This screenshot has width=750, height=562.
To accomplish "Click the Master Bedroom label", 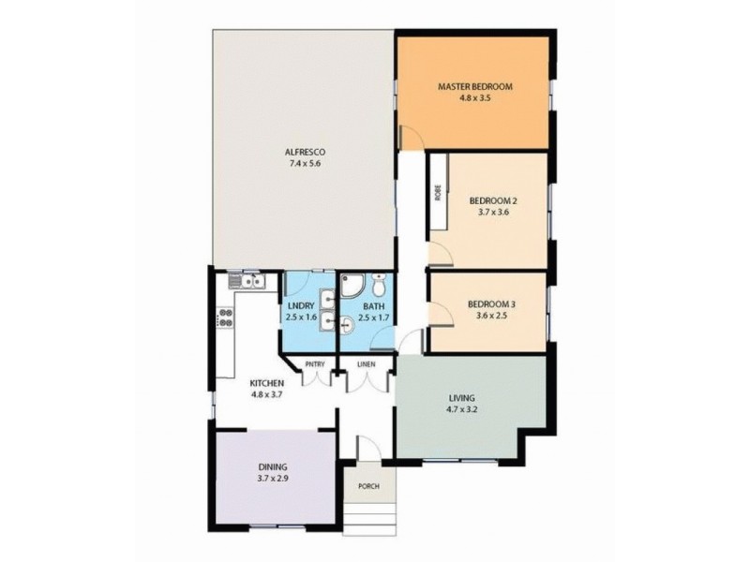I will (x=473, y=88).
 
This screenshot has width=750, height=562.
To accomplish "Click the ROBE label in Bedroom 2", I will (x=438, y=194).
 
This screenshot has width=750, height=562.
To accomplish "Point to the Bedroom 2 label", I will (x=493, y=200).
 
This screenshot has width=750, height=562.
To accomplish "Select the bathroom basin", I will (x=348, y=325).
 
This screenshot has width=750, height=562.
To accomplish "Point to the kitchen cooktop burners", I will (x=225, y=318).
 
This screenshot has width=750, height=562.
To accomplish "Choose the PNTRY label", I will (x=314, y=364).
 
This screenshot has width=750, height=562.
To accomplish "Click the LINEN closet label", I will (x=366, y=364).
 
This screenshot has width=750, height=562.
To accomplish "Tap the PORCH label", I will (x=367, y=486).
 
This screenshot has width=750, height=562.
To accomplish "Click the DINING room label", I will (x=273, y=466).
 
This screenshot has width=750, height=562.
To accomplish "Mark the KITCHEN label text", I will (x=266, y=382).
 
